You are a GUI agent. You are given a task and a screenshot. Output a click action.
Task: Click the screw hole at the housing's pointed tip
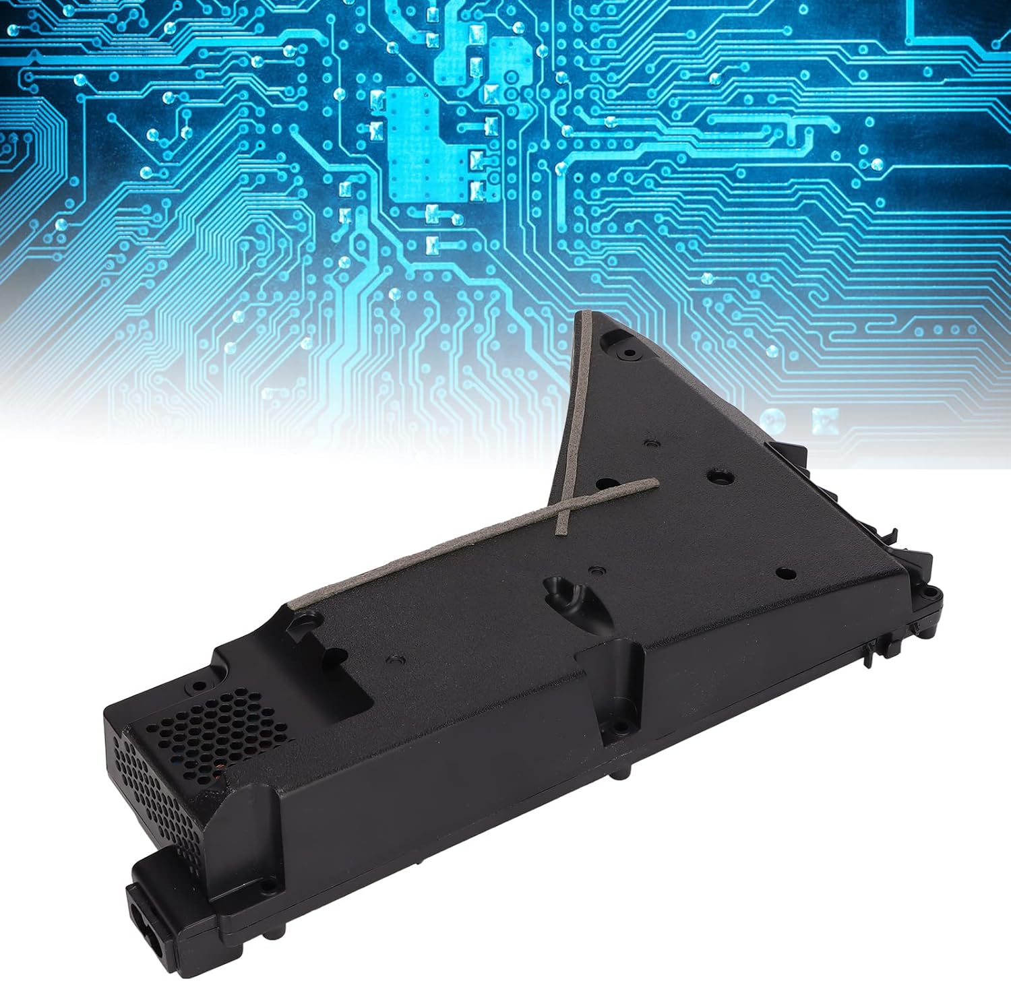tap(625, 350)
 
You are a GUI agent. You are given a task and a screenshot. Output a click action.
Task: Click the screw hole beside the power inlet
tap(268, 885)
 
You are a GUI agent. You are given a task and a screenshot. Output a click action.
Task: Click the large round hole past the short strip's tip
tap(716, 476)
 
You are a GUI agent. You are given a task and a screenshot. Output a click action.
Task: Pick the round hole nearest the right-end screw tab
tap(784, 573)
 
